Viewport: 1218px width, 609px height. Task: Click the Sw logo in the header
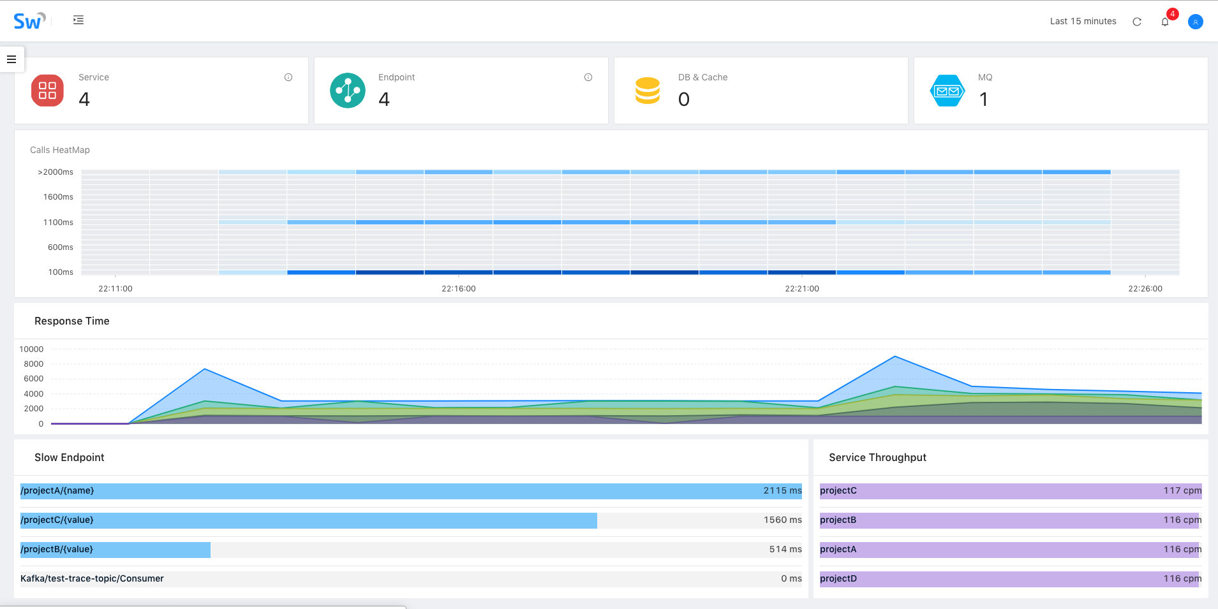point(29,21)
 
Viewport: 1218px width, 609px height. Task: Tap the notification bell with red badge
point(1165,22)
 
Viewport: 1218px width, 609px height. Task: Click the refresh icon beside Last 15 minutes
point(1137,22)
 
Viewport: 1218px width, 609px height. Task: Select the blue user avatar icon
point(1195,22)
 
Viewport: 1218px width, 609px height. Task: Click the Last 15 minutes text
point(1083,21)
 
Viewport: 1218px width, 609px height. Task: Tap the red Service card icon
point(47,91)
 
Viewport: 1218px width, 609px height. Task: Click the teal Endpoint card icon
point(347,91)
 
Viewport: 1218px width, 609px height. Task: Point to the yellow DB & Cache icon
point(647,91)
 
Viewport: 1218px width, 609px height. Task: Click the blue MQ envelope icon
point(947,91)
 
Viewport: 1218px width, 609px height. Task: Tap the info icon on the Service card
point(288,77)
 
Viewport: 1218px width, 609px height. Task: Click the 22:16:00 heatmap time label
point(458,289)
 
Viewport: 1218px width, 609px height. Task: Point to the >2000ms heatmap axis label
point(56,172)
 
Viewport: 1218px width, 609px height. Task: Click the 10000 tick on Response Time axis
point(31,349)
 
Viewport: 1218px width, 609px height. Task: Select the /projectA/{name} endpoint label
point(57,491)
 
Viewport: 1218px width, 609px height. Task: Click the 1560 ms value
point(782,520)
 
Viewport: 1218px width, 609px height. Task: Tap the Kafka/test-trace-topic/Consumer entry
point(92,579)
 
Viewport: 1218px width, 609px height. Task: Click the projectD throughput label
point(838,579)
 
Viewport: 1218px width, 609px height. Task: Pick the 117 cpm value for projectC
point(1182,491)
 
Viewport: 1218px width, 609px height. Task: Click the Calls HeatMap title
point(60,150)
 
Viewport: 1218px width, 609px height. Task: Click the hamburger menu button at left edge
point(11,59)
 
